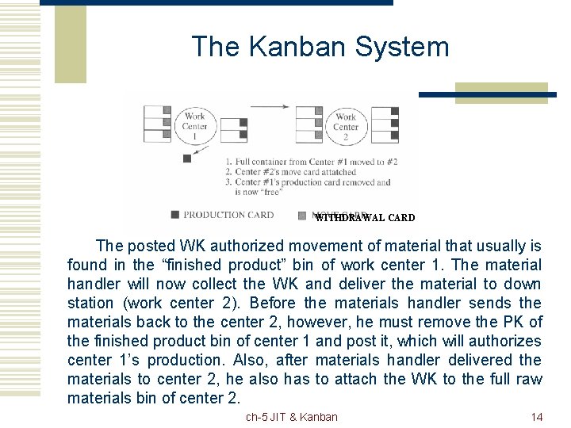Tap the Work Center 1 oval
click(x=194, y=126)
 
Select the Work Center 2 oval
click(x=346, y=126)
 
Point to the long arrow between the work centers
click(x=270, y=105)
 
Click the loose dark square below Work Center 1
click(x=187, y=158)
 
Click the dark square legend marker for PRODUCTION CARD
click(x=174, y=215)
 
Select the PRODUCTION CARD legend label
click(x=228, y=215)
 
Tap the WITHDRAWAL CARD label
click(x=365, y=218)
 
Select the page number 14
click(x=536, y=417)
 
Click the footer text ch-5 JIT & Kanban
click(x=291, y=417)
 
